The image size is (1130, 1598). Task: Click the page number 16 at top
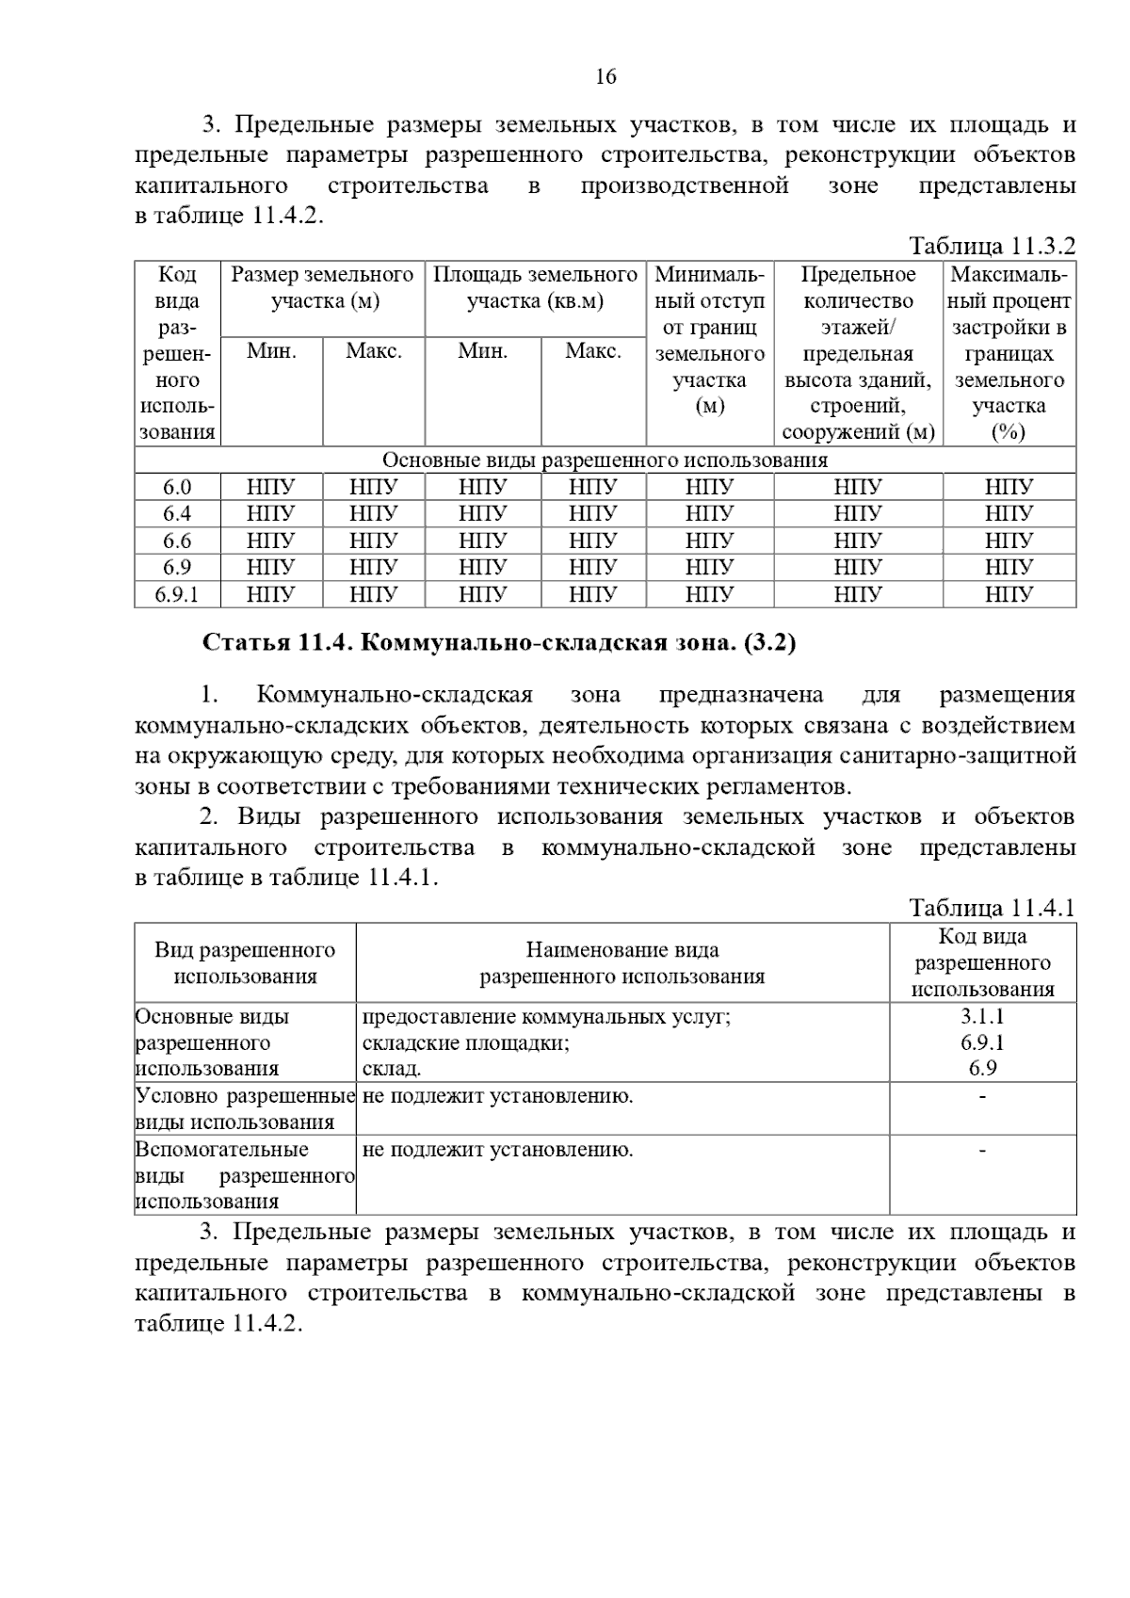(605, 77)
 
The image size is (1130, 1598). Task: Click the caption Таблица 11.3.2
(992, 247)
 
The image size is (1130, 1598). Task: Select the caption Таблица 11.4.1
(992, 908)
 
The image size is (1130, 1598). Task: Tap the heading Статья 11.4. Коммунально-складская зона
(499, 643)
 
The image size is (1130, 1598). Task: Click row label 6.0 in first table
(177, 487)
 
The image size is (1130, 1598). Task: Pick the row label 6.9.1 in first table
(177, 594)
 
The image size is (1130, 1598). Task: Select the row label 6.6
(177, 541)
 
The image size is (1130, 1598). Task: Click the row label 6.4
(177, 513)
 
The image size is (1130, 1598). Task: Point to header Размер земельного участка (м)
(322, 288)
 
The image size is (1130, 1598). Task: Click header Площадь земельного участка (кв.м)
(535, 288)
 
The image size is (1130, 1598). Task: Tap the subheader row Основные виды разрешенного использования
(605, 460)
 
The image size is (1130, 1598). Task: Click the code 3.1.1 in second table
(982, 1017)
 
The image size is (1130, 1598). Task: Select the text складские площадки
(465, 1043)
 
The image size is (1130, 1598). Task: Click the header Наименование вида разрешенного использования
(621, 963)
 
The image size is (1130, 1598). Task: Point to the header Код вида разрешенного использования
(982, 963)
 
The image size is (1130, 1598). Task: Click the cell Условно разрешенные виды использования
(245, 1108)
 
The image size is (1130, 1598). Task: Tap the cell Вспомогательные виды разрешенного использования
(245, 1174)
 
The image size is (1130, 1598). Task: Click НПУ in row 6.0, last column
(1009, 487)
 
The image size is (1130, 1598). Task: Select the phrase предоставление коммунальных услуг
(546, 1017)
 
